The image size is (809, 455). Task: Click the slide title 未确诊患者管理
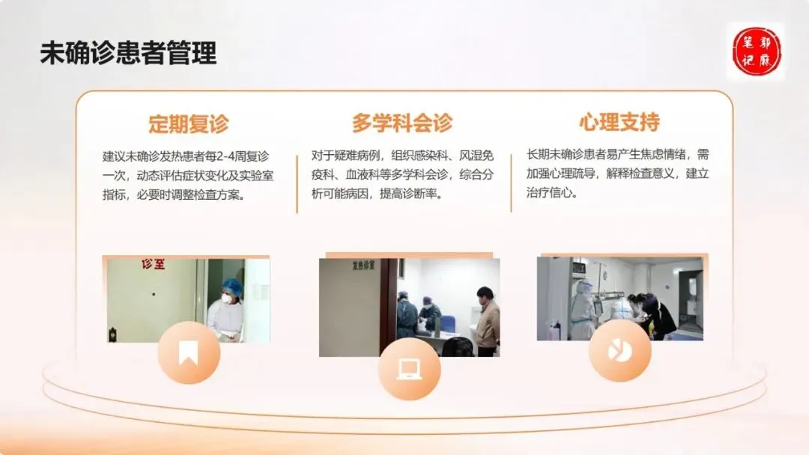click(x=129, y=53)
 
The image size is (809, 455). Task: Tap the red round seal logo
click(x=757, y=52)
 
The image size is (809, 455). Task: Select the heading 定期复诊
click(x=188, y=123)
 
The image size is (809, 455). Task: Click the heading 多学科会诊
click(x=402, y=123)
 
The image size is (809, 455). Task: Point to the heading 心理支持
click(x=619, y=122)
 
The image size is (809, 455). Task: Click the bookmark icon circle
click(x=189, y=352)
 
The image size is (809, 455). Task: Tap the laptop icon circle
click(x=409, y=369)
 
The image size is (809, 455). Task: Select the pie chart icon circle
click(x=619, y=351)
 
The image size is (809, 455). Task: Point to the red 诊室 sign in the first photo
click(x=154, y=264)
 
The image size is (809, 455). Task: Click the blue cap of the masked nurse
click(x=231, y=285)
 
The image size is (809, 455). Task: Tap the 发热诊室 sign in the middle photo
click(x=364, y=266)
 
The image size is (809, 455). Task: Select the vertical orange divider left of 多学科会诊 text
click(x=297, y=184)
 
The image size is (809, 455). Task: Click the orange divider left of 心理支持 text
click(x=512, y=183)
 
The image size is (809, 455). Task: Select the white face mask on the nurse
click(x=226, y=298)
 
